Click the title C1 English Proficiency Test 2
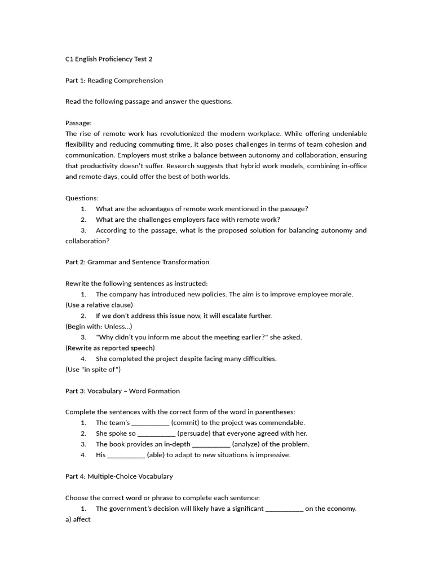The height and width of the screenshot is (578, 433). (109, 59)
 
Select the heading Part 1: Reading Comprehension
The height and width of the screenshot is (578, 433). (114, 80)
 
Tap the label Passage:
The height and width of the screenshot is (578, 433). (78, 122)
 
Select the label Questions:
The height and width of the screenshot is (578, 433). (82, 198)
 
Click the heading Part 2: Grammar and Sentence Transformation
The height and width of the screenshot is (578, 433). (137, 262)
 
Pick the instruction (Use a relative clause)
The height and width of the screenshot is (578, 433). (99, 305)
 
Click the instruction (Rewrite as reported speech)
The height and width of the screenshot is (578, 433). (110, 348)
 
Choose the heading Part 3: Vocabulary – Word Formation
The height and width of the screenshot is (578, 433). (122, 391)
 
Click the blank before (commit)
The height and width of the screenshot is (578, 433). (150, 423)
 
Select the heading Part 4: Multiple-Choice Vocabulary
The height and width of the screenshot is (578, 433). (119, 476)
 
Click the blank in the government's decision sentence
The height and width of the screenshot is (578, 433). (284, 509)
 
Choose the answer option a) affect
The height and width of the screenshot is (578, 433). (78, 519)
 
